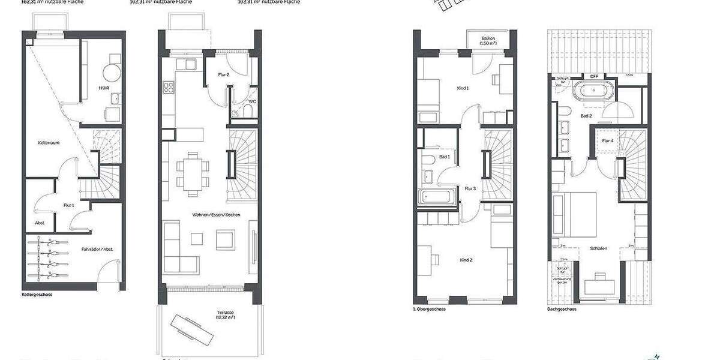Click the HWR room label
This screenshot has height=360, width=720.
103,88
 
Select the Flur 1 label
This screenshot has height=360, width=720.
69,205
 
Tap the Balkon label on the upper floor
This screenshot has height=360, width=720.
488,41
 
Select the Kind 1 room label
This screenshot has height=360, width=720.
463,88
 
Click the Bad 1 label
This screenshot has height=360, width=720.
445,157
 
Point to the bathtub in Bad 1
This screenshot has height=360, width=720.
436,196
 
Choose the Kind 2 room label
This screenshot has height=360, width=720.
466,260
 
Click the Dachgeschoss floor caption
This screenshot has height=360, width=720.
562,310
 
